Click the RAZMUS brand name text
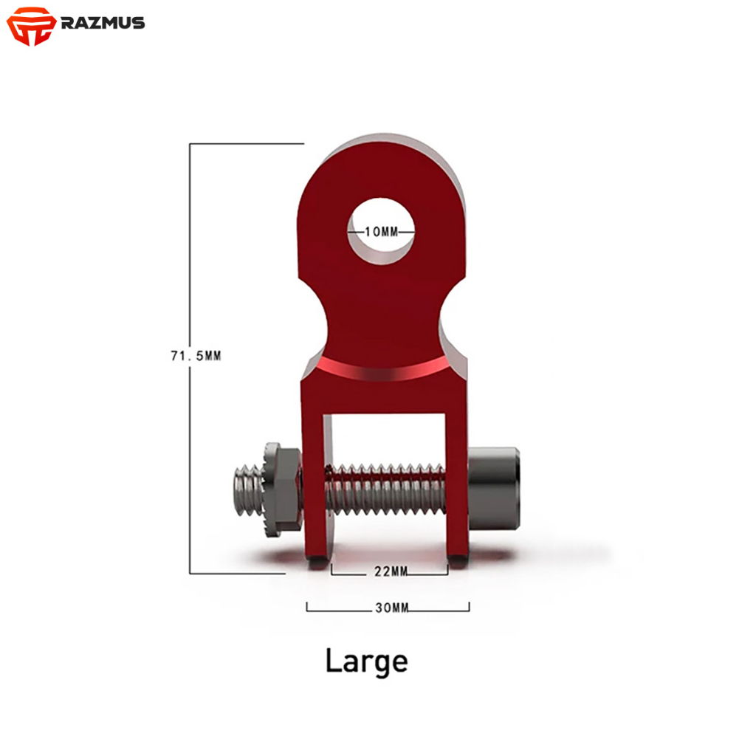pos(103,23)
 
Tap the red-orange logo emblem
pos(31,26)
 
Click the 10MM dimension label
pos(382,232)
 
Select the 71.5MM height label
pos(196,356)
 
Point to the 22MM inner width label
pos(391,571)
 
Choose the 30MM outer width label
pos(391,608)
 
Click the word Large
pos(366,662)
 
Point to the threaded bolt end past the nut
pos(250,490)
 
